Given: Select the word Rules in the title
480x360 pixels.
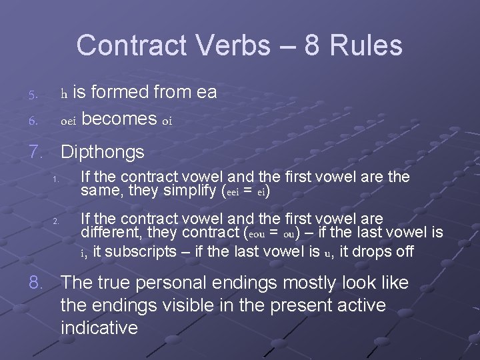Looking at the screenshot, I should (367, 45).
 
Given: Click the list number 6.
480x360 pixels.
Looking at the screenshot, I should (32, 121).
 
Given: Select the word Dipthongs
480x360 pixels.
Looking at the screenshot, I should (102, 152).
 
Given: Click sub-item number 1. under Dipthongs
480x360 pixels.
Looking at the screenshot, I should (57, 180).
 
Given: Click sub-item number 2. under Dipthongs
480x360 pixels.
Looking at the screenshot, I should (57, 221).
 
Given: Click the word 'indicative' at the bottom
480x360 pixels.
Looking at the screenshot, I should (99, 328).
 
